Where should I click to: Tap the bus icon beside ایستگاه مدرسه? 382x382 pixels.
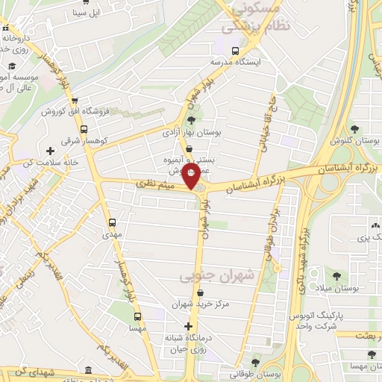pos(236,52)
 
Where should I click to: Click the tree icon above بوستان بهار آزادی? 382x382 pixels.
pos(191,119)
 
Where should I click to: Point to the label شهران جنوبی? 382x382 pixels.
pos(216,276)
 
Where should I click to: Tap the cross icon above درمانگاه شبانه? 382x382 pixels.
pos(189,327)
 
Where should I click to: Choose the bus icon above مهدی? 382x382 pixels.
pos(113,222)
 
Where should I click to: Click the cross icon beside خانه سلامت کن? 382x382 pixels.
pos(51,152)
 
